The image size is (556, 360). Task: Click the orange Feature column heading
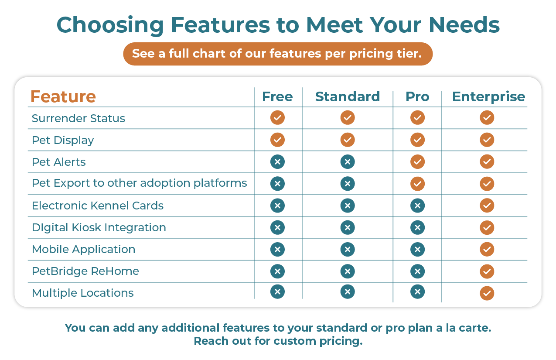63,96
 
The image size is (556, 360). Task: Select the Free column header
277,96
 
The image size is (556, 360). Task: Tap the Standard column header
348,96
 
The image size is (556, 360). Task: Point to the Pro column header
417,96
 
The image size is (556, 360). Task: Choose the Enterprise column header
489,97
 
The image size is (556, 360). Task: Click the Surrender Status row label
78,118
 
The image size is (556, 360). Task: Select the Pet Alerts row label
59,162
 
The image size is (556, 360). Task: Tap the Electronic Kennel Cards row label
98,206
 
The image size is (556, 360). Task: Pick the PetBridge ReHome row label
85,271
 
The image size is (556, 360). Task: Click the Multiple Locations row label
83,293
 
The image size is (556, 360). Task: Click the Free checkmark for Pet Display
277,140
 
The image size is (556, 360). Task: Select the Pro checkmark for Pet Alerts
417,162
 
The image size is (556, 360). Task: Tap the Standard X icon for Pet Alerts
348,162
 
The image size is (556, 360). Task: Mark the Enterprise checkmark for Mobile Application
487,249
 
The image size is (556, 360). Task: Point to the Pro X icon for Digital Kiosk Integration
417,227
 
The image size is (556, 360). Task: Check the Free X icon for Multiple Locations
277,291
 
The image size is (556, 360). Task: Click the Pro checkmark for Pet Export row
417,184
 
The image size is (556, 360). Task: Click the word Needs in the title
464,25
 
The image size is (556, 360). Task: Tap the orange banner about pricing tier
278,54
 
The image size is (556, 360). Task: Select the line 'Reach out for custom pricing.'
278,341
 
